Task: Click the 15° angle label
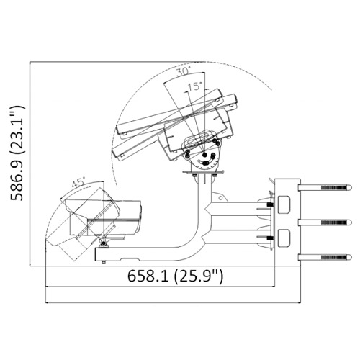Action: point(195,86)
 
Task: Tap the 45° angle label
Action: point(78,183)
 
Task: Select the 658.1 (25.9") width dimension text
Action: point(175,276)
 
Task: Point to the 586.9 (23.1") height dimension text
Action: point(17,153)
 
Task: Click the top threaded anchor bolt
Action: point(325,187)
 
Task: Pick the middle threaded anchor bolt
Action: point(325,222)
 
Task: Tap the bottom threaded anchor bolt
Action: point(325,258)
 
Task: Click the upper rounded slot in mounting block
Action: point(284,204)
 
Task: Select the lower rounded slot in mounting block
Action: point(284,238)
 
